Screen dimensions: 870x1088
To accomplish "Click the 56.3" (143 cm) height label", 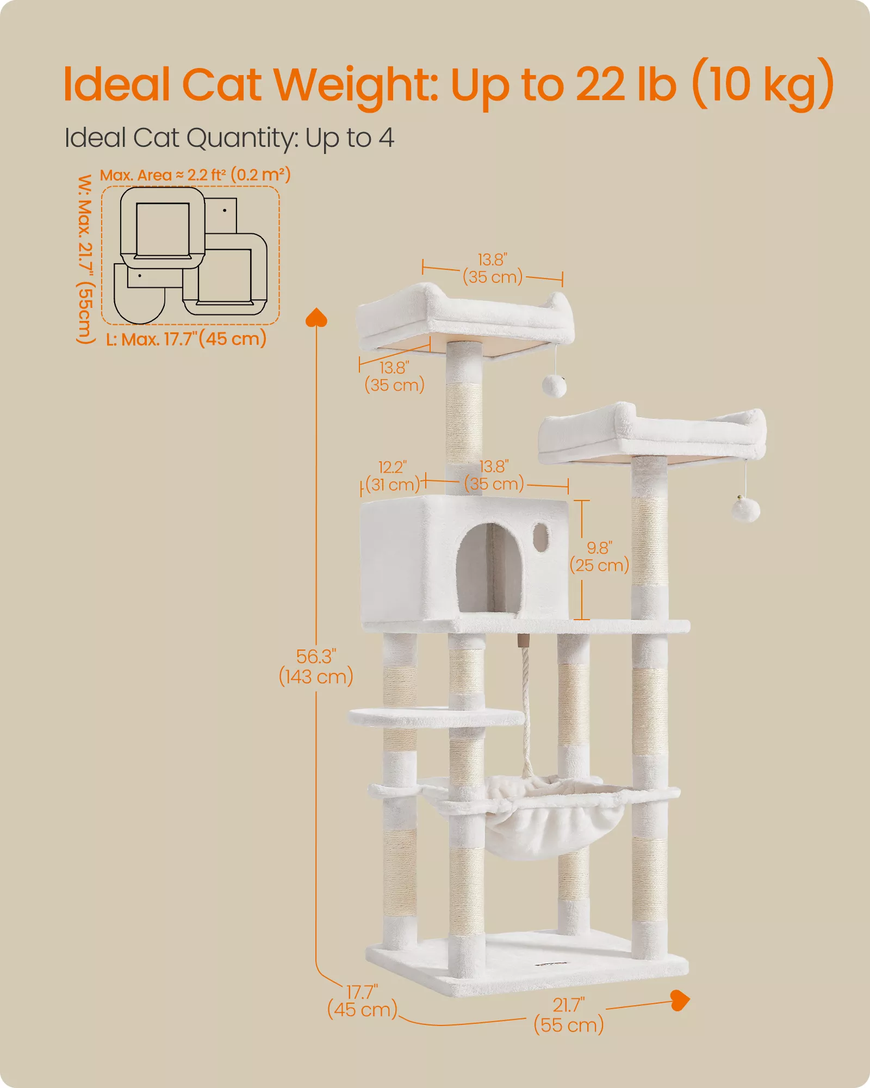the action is pos(316,666).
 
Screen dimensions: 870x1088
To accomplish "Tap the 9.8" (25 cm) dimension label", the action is pos(599,557).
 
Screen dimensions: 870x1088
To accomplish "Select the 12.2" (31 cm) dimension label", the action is pos(393,476).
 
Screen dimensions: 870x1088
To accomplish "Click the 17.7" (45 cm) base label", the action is pos(362,1002).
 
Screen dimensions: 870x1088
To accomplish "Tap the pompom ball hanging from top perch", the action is pos(554,386).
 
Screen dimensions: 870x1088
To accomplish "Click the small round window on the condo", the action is pos(540,537).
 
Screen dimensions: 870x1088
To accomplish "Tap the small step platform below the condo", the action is pos(435,717).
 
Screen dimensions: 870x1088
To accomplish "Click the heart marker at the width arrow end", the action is pos(680,1000).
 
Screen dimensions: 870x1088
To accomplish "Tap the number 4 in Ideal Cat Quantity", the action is pos(386,138).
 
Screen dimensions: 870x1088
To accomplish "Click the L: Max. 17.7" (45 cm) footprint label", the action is pos(186,338).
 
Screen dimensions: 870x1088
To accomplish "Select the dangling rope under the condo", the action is pos(526,707).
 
